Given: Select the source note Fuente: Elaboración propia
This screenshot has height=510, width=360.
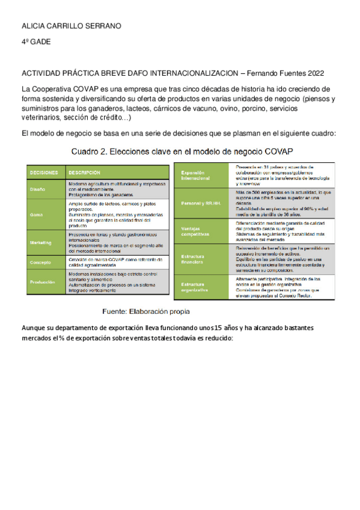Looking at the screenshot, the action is point(147,312).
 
